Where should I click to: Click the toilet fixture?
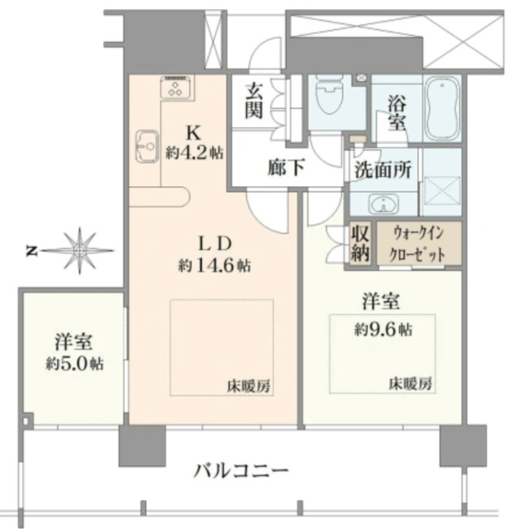click(329, 97)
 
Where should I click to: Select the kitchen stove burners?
click(176, 88)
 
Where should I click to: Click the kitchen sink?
click(147, 147)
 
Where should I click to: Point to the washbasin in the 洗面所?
click(383, 204)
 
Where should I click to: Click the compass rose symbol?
click(79, 250)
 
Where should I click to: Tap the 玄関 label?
click(254, 101)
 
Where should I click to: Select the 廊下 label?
click(287, 167)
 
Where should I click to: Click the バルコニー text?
click(240, 471)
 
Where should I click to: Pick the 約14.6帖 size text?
click(215, 266)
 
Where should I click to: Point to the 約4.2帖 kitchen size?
click(194, 153)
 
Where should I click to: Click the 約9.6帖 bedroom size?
click(383, 329)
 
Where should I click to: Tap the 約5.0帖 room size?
click(74, 364)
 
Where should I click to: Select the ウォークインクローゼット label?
click(418, 244)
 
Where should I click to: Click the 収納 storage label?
click(360, 243)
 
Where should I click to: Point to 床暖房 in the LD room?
click(249, 386)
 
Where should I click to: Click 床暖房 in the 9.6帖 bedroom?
click(410, 384)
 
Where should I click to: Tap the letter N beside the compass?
click(31, 251)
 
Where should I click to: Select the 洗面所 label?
click(383, 169)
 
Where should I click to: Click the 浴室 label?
click(397, 113)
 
